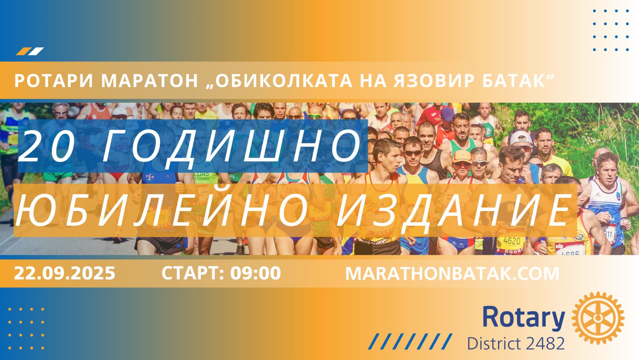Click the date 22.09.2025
(x=64, y=273)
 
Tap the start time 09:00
(x=256, y=273)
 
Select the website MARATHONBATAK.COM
(x=452, y=274)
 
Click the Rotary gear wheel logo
(x=598, y=318)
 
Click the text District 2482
(x=516, y=344)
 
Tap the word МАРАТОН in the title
(x=149, y=80)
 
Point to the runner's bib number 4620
(x=512, y=241)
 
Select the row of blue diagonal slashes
(x=410, y=342)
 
